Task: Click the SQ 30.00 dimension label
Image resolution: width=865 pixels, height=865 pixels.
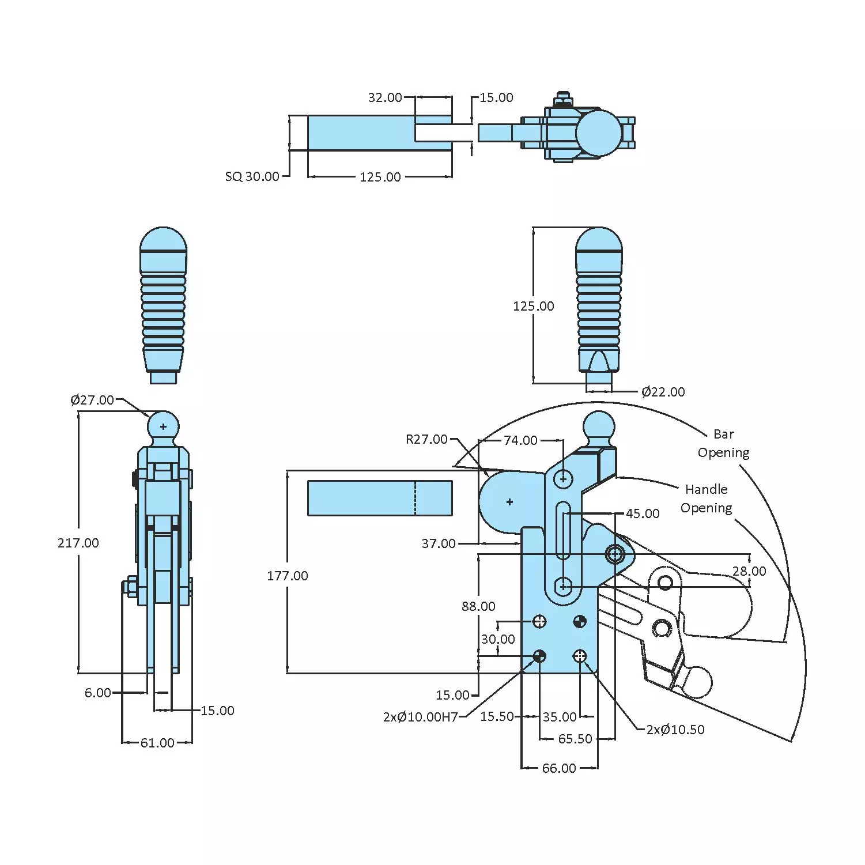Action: (252, 176)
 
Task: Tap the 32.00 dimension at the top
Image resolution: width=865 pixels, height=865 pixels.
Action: (385, 97)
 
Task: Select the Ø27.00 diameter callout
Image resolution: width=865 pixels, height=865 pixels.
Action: (92, 400)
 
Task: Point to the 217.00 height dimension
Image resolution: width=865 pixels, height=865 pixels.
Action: (78, 543)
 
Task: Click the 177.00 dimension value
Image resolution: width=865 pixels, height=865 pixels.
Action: (288, 576)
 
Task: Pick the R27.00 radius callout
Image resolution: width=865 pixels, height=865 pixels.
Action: (426, 439)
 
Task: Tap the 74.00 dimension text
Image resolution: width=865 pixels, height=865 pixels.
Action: (520, 440)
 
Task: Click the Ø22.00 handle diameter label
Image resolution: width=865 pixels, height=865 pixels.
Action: (663, 392)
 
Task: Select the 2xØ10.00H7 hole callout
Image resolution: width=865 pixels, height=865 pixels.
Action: (421, 717)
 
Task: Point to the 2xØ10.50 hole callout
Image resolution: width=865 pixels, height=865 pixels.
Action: (675, 730)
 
